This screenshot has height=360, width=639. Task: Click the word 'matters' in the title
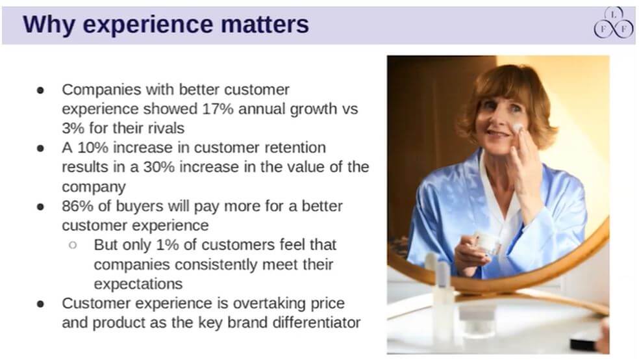[x=265, y=24]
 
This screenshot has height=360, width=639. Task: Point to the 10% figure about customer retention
[x=93, y=148]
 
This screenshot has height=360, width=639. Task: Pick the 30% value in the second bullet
[x=159, y=167]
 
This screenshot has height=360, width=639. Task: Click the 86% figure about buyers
[x=78, y=206]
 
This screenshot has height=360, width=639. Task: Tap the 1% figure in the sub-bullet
[x=168, y=244]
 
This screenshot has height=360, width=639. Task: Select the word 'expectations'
[x=138, y=284]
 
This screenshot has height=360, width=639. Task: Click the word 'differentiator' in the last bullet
[x=316, y=322]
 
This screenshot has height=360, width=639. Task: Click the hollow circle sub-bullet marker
[x=73, y=245]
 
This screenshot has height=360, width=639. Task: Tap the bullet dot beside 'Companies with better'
[x=40, y=90]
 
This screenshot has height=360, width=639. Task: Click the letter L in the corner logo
[x=614, y=15]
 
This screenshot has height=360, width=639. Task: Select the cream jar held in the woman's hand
[x=488, y=243]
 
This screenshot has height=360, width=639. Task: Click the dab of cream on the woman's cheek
[x=518, y=127]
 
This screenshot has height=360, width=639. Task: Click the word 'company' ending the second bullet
[x=94, y=186]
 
